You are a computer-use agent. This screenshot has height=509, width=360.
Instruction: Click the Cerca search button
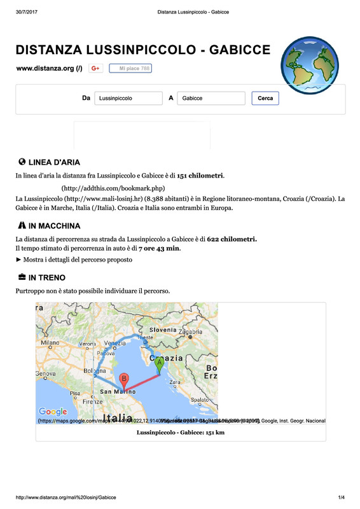265,99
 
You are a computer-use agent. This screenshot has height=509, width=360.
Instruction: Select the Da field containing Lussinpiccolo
128,99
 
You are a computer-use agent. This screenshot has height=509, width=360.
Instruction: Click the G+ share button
96,68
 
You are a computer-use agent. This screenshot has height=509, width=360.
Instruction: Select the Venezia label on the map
115,343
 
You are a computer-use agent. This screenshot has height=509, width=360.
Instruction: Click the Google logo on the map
53,412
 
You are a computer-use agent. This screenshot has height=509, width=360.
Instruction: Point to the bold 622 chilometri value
232,239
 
